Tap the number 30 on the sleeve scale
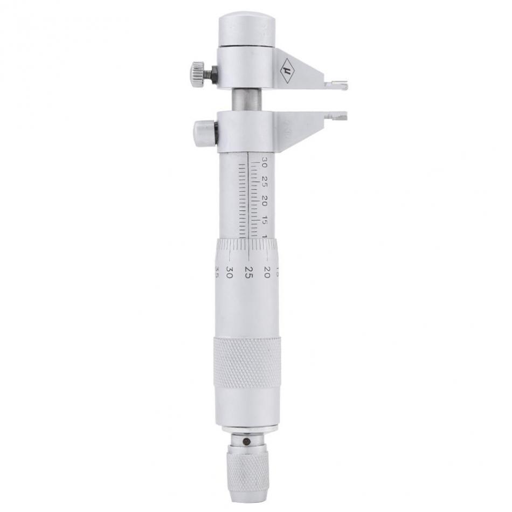pyautogui.click(x=264, y=161)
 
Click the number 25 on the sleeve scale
pyautogui.click(x=264, y=179)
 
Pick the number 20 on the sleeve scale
pyautogui.click(x=264, y=200)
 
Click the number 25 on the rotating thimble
pyautogui.click(x=248, y=270)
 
